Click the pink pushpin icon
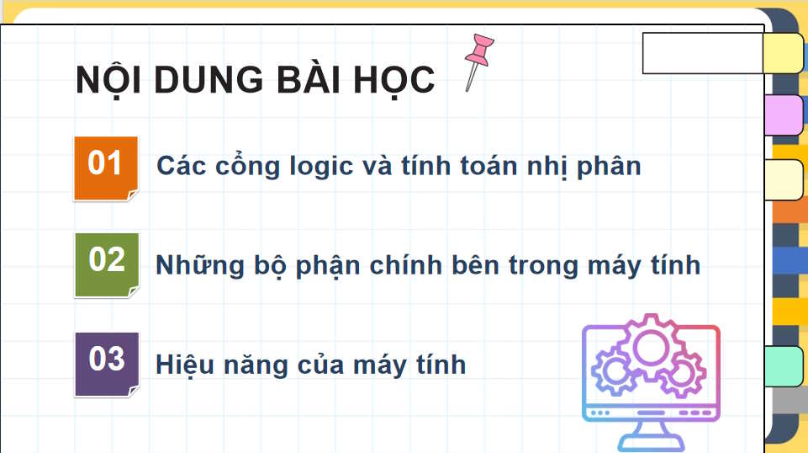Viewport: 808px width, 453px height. pos(478,60)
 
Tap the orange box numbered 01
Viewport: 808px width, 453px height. pos(106,168)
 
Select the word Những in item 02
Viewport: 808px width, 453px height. pos(199,266)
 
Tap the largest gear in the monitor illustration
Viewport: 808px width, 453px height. pos(651,347)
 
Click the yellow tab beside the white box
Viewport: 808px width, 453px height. pos(783,53)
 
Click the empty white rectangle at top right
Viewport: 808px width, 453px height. pos(702,53)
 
